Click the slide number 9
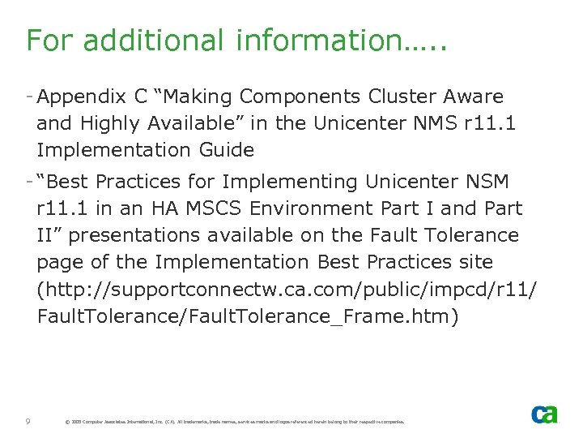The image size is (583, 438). (x=28, y=421)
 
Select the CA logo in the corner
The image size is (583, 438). (x=544, y=414)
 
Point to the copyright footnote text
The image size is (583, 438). (x=234, y=422)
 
